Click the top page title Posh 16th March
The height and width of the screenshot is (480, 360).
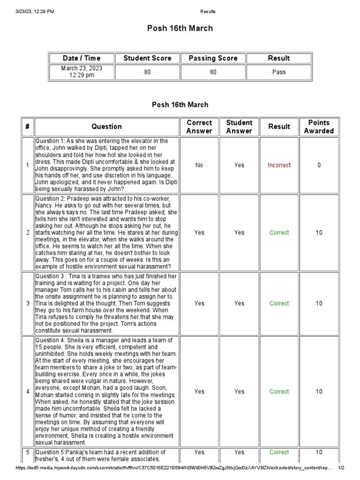click(x=180, y=29)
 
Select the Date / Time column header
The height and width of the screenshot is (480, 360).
click(x=82, y=58)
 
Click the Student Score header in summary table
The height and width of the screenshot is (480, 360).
click(x=147, y=58)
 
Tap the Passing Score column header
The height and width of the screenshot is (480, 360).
click(x=213, y=58)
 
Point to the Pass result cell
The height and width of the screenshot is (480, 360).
click(x=279, y=72)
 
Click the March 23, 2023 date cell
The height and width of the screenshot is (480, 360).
click(x=82, y=72)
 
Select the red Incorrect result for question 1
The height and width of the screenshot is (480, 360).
click(x=279, y=165)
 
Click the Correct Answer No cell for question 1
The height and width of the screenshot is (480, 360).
click(x=199, y=165)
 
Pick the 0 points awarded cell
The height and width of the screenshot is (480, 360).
click(x=319, y=165)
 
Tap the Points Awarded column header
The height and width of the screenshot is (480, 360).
click(x=319, y=127)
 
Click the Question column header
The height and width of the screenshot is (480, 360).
click(x=107, y=127)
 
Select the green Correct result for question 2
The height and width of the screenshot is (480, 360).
click(x=279, y=232)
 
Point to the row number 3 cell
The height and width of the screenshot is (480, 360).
click(x=28, y=303)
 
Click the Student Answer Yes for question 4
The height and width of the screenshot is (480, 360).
click(x=239, y=391)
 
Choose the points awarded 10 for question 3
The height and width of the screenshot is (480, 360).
click(x=319, y=303)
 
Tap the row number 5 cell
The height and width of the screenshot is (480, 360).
click(x=28, y=452)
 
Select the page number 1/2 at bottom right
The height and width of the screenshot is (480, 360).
click(x=341, y=468)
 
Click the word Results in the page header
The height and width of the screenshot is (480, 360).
click(x=208, y=12)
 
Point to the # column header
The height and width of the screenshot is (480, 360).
click(x=28, y=127)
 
